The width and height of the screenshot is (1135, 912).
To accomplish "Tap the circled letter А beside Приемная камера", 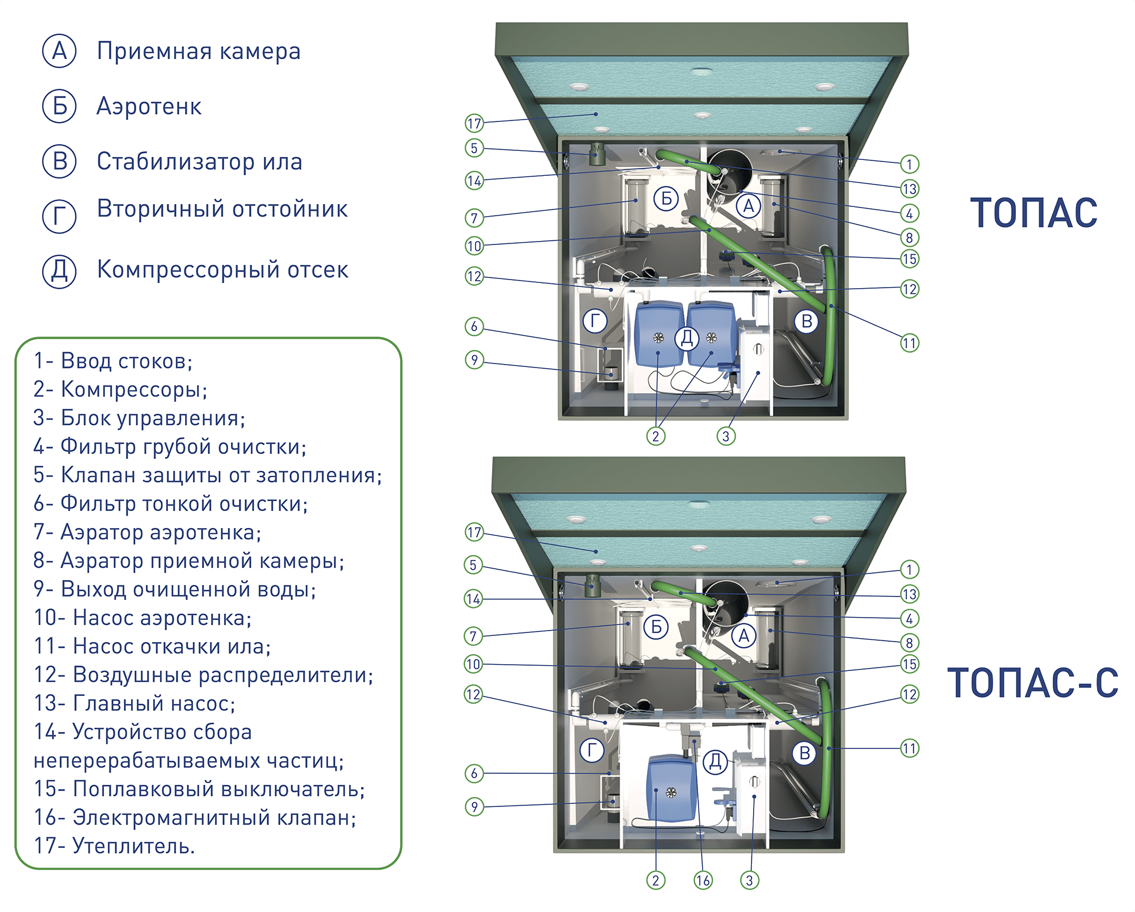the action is click(x=60, y=51).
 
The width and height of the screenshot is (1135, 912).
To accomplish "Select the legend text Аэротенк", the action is click(x=149, y=106).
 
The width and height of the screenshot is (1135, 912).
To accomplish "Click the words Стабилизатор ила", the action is click(x=199, y=162).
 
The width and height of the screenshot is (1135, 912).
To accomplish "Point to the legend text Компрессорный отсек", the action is click(x=222, y=269).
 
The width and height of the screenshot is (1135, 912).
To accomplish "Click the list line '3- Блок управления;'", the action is click(x=139, y=418).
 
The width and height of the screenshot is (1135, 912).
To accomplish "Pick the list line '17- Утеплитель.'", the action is click(x=114, y=846).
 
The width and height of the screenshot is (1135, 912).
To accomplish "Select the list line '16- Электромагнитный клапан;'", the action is click(x=195, y=817).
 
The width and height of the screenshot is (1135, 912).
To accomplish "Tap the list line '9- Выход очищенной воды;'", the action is click(x=174, y=589).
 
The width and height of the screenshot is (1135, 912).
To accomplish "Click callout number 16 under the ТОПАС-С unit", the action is click(x=703, y=880).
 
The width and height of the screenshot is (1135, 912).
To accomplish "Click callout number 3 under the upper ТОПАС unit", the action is click(x=726, y=436).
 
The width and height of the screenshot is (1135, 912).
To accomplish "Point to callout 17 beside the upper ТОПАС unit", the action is click(x=474, y=123).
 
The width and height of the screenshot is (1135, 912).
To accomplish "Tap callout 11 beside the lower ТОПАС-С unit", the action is click(x=910, y=749).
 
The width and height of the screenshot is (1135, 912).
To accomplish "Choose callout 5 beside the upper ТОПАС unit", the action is click(x=474, y=148).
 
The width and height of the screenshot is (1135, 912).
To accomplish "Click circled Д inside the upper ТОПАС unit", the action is click(x=687, y=338).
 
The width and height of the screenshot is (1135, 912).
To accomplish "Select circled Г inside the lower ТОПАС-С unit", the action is click(x=592, y=750).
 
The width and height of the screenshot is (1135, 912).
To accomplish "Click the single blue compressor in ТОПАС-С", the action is click(x=672, y=788).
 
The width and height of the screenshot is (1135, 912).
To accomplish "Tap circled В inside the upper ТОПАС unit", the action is click(x=806, y=321).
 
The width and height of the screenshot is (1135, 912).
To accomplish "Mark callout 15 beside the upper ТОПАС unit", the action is click(x=910, y=259).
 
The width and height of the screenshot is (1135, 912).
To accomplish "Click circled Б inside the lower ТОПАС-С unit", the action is click(x=656, y=627).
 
